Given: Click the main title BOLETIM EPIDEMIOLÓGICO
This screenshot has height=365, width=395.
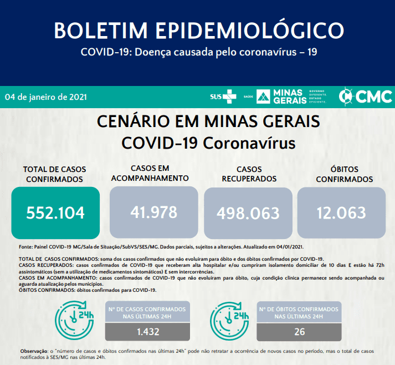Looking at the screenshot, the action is coord(199,31).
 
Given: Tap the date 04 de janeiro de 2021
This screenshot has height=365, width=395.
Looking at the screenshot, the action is coord(46,97).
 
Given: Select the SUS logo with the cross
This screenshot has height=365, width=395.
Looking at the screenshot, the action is coord(223,97).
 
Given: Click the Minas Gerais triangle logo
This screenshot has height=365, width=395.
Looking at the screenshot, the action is coord(263,97).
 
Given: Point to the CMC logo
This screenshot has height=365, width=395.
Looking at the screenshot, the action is coord(366,96).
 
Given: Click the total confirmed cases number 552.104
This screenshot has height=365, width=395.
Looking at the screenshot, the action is coord(55,212).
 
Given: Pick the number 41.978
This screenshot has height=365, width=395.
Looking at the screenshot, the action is coord(154,212).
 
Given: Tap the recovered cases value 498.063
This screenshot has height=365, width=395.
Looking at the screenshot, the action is coord(248,213).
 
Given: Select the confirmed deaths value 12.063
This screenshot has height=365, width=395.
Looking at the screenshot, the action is coord(341,212).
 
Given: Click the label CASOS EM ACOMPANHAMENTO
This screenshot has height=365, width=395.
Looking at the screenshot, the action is coord(150,173).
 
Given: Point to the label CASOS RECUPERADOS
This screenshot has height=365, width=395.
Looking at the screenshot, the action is coord(249,174).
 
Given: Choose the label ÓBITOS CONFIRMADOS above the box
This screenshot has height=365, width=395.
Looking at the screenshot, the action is coord(345,174).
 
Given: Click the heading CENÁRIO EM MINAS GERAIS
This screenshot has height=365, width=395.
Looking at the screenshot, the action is coord(208,121).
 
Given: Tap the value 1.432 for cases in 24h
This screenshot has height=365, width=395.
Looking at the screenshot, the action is coord(148,332).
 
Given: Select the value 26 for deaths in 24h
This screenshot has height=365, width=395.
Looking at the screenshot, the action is coord(300,332).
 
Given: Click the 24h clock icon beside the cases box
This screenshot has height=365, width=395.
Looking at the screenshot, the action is coord(75,320).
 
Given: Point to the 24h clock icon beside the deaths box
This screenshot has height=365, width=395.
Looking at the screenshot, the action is coord(229,321).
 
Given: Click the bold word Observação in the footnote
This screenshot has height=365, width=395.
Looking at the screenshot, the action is coord(34,351).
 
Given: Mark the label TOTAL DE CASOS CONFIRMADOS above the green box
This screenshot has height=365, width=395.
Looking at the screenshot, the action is coord(54,174).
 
